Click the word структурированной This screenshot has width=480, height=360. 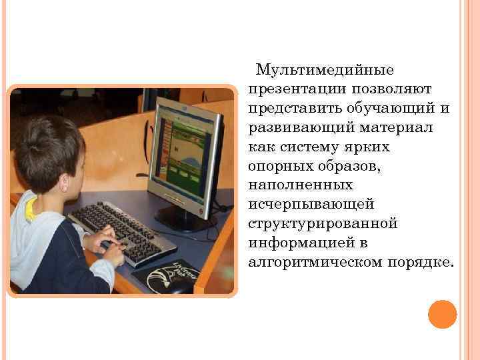[323, 223]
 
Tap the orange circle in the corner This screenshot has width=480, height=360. [442, 314]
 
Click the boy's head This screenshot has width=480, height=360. [50, 153]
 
